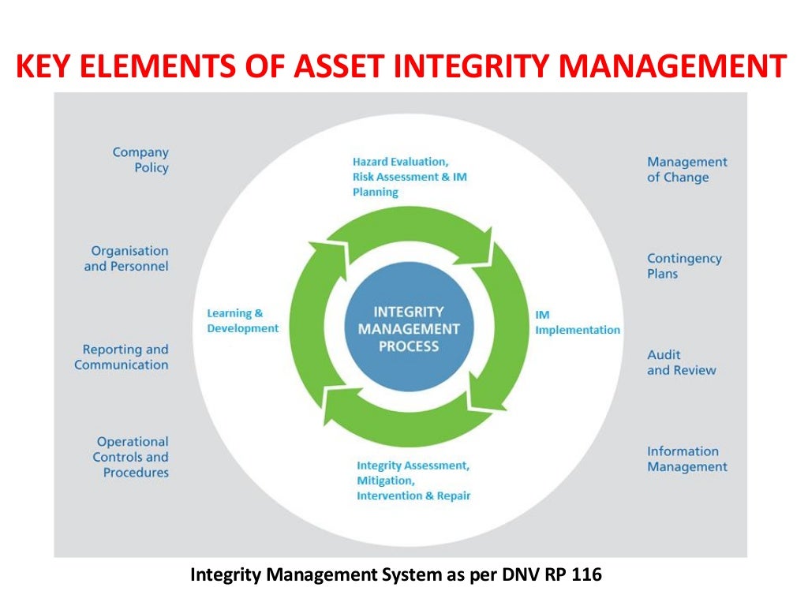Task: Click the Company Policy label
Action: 140,160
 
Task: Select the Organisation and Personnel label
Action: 126,259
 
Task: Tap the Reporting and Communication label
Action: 122,357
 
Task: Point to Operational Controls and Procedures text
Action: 131,457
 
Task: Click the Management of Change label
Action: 687,170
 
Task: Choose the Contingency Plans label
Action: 684,266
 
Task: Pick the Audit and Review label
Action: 681,362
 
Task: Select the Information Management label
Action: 686,459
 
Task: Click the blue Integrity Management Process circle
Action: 408,330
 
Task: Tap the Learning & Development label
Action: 242,321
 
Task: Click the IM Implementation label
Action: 577,323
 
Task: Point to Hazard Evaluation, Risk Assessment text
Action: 410,177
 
